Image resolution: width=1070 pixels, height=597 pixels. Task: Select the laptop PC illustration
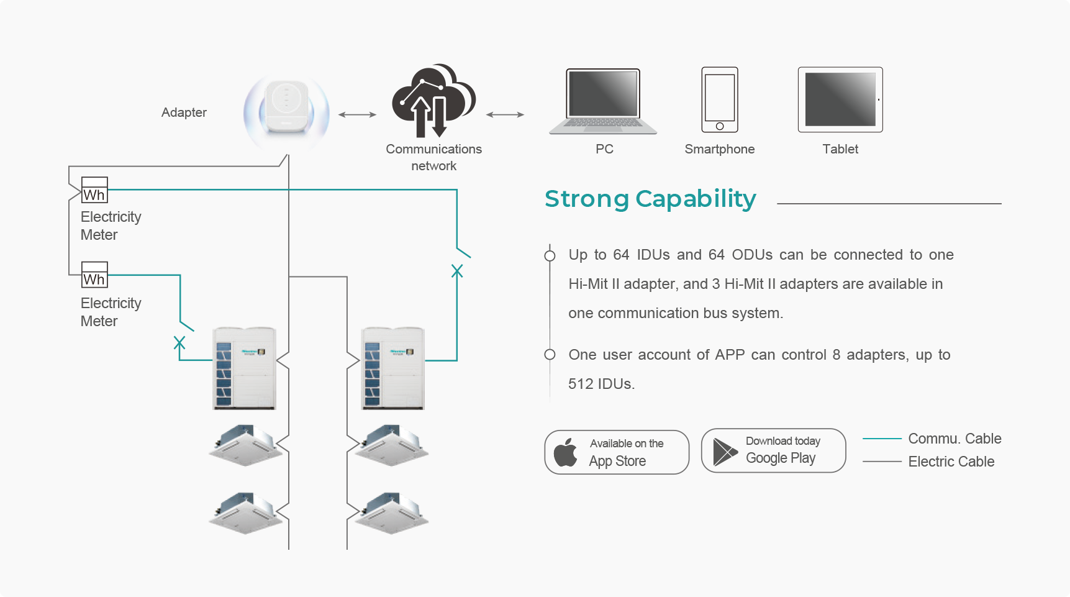coord(603,101)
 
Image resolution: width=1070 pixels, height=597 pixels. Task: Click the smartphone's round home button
coord(720,126)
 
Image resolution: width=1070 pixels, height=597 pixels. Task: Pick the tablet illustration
coord(840,99)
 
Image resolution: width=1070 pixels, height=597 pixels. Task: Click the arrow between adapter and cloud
coord(357,114)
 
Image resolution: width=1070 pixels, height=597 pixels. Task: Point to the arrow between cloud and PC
coord(505,114)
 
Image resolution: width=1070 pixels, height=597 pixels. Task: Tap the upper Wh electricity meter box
coord(94,190)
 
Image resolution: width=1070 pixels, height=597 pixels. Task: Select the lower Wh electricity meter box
coord(94,275)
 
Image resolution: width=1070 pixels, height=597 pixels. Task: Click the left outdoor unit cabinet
coord(245,368)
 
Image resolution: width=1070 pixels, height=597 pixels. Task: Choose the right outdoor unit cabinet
coord(393,368)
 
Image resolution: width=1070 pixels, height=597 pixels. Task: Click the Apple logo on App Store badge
coord(565,452)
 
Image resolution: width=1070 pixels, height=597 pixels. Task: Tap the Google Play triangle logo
coord(725,452)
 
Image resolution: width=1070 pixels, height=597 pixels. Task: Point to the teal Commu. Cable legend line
coord(882,439)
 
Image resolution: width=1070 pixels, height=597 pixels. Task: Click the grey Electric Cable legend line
coord(882,462)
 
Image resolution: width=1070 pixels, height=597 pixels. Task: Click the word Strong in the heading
coord(587,199)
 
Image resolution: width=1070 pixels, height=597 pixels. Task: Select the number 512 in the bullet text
coord(581,384)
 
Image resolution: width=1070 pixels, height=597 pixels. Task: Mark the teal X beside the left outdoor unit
coord(179,342)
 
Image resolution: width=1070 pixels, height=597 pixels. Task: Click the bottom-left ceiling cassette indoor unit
coord(247,513)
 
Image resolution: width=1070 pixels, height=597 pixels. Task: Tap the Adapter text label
coord(184,112)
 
